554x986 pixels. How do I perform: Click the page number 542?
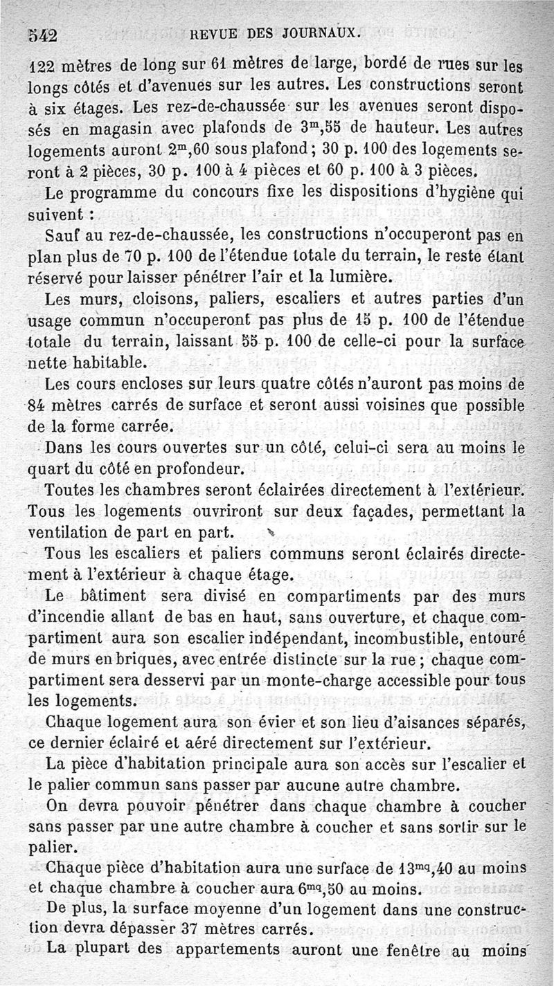coord(42,35)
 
